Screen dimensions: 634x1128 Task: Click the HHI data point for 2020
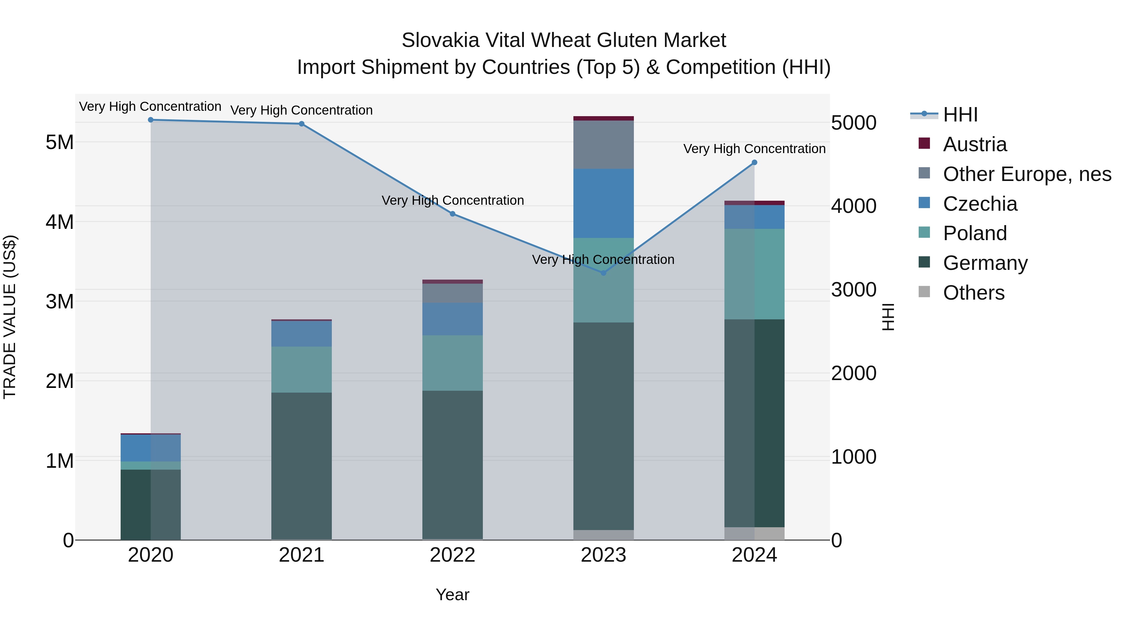[x=151, y=120]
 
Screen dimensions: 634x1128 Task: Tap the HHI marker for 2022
[x=453, y=214]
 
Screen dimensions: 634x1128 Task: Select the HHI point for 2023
[x=603, y=273]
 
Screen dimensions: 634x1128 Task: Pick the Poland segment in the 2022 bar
[x=452, y=363]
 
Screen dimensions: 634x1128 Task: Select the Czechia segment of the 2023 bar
[x=603, y=204]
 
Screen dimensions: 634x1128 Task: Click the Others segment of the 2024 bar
[x=755, y=533]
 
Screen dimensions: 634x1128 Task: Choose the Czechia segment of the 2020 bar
[x=151, y=448]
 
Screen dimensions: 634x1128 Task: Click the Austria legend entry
[x=975, y=144]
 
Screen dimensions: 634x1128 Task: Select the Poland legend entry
[x=975, y=233]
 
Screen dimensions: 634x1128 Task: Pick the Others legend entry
[x=974, y=293]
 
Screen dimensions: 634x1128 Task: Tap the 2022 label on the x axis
[x=452, y=555]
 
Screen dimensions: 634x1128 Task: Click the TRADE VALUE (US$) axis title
[x=10, y=317]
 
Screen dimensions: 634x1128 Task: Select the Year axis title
[x=452, y=595]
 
